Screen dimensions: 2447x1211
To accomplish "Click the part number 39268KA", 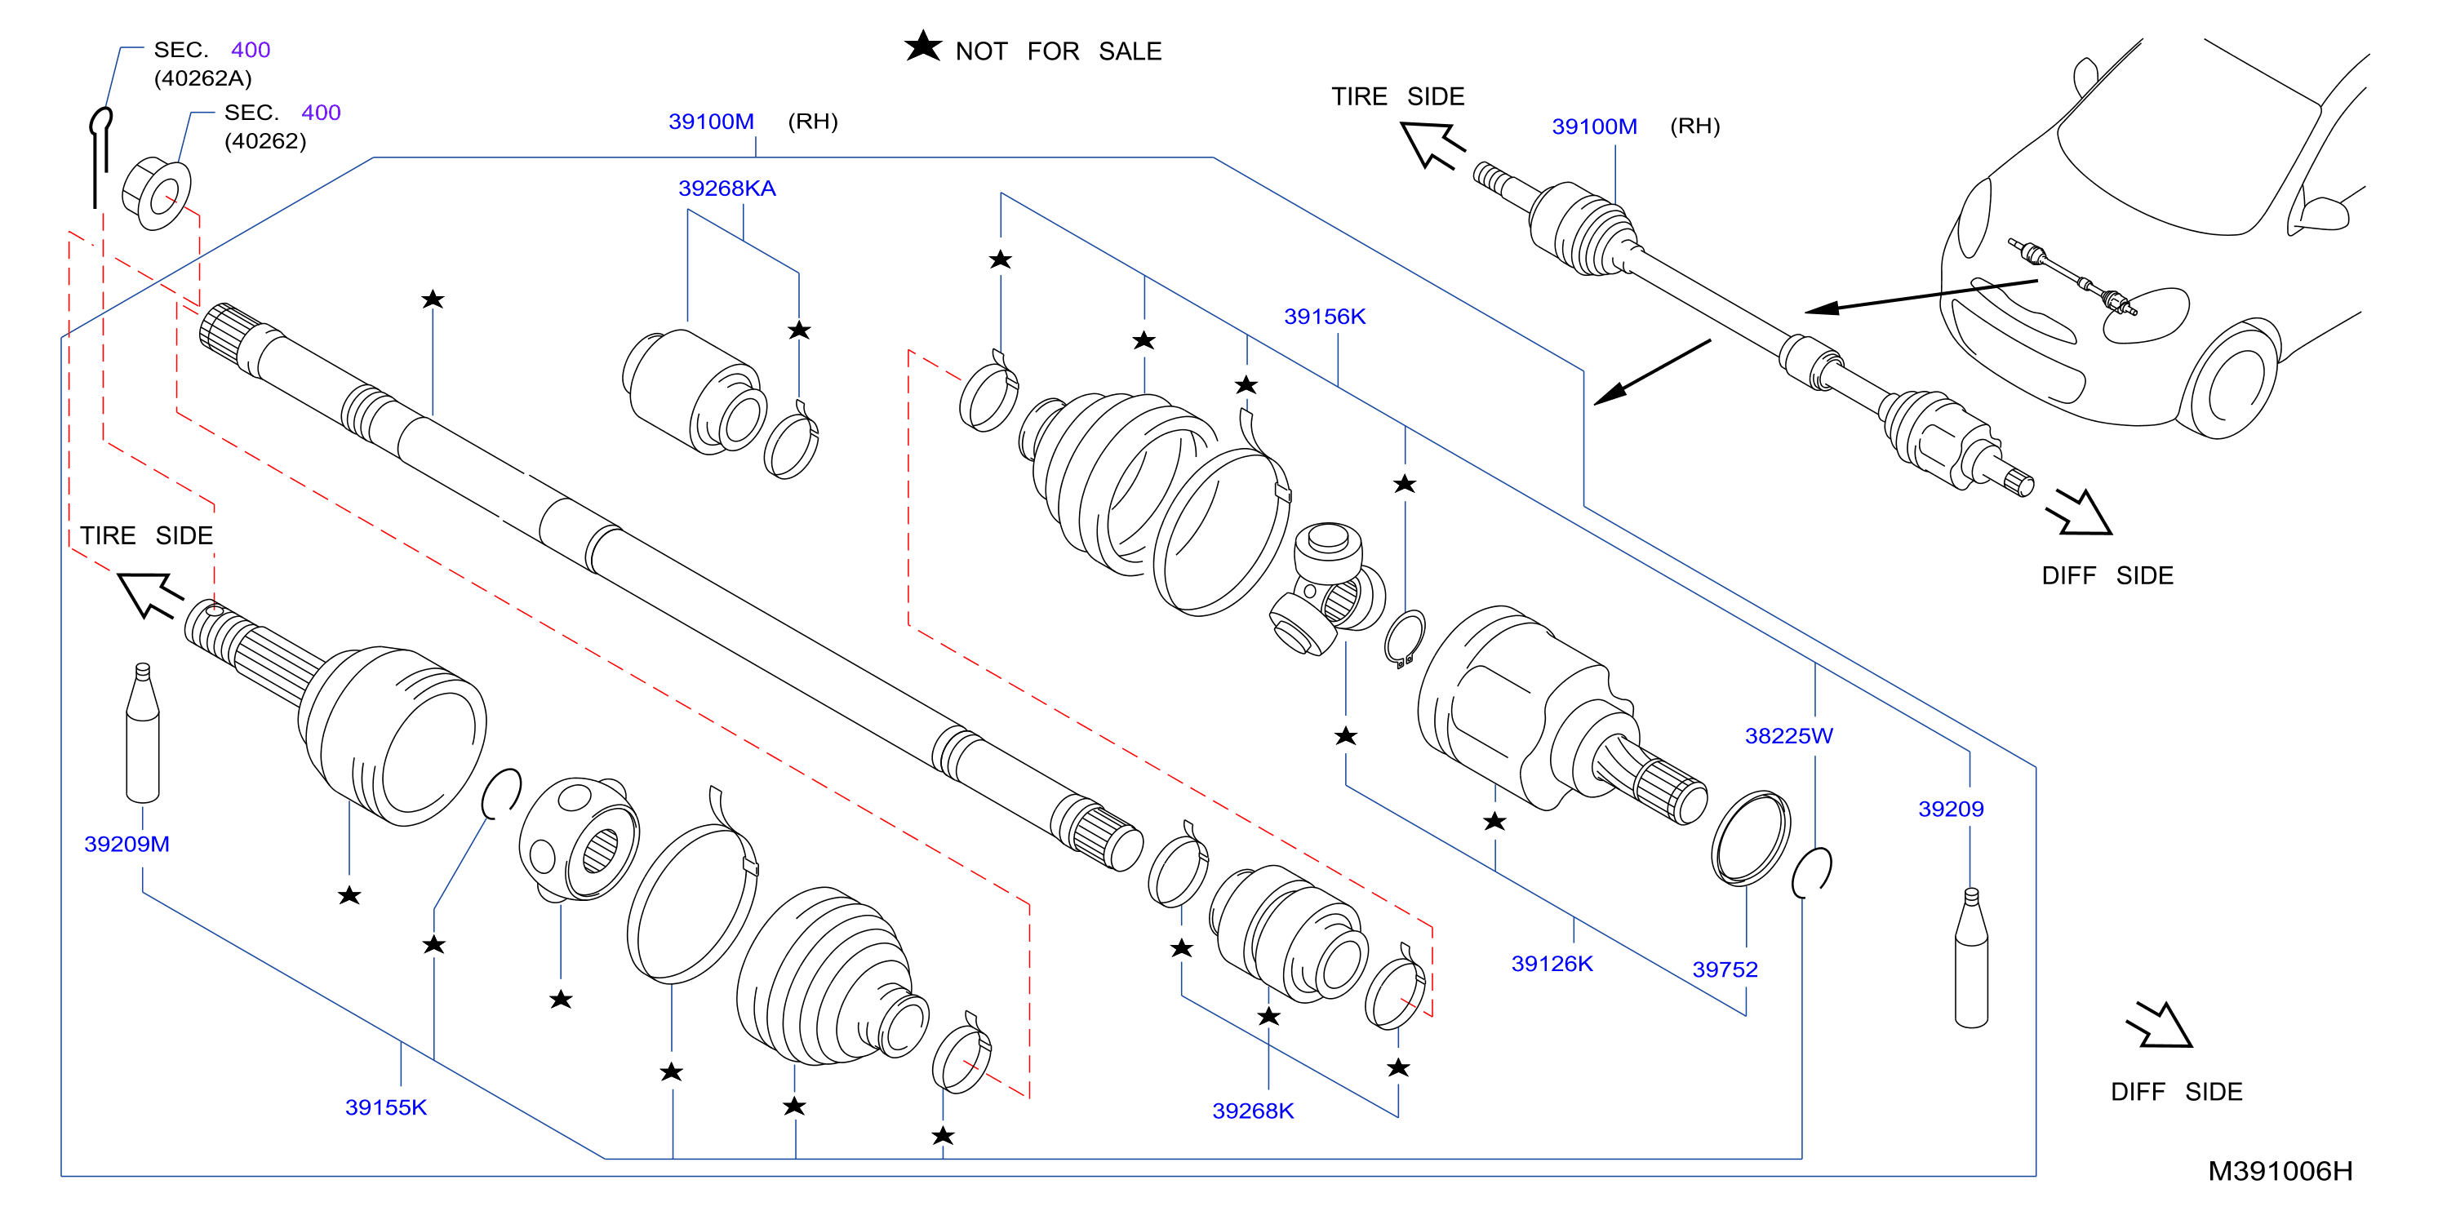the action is pyautogui.click(x=726, y=188).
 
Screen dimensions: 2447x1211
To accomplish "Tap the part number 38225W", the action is pyautogui.click(x=1788, y=735).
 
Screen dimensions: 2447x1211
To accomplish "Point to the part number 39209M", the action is pyautogui.click(x=127, y=844).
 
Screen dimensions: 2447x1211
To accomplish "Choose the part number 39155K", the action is pyautogui.click(x=386, y=1107).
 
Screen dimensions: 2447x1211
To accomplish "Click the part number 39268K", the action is pyautogui.click(x=1253, y=1111).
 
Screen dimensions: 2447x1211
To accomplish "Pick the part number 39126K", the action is pyautogui.click(x=1552, y=963).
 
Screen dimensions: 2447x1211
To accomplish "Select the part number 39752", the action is pyautogui.click(x=1724, y=969).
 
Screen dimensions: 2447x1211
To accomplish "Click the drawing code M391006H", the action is pyautogui.click(x=2280, y=1170).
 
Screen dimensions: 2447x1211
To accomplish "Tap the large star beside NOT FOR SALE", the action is pyautogui.click(x=922, y=46).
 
